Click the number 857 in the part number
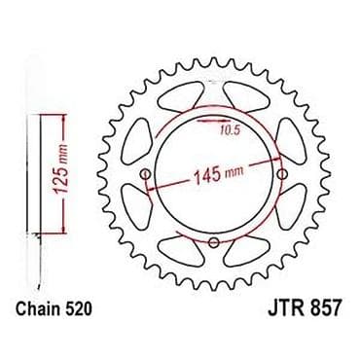pyautogui.click(x=325, y=308)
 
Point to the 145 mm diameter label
pyautogui.click(x=218, y=174)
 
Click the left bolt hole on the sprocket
pyautogui.click(x=146, y=174)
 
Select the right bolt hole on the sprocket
pyautogui.click(x=283, y=174)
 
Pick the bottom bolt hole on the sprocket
pyautogui.click(x=214, y=242)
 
